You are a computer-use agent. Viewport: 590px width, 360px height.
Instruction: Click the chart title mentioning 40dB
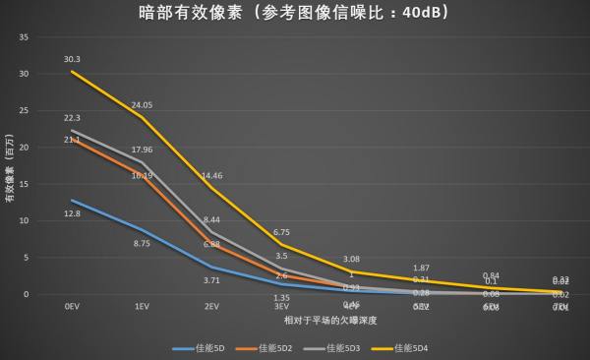point(295,14)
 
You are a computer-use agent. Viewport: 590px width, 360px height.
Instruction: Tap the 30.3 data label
point(72,59)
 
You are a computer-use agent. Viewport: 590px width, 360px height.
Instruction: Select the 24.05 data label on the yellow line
point(143,104)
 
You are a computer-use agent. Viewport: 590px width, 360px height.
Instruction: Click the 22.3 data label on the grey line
point(72,118)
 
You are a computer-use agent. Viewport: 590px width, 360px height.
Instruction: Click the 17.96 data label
point(143,150)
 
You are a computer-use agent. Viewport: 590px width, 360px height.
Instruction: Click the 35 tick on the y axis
point(25,37)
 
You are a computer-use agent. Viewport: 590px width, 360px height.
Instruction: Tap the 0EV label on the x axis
point(72,307)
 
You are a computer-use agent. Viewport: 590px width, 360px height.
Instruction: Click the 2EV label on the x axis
point(211,307)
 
